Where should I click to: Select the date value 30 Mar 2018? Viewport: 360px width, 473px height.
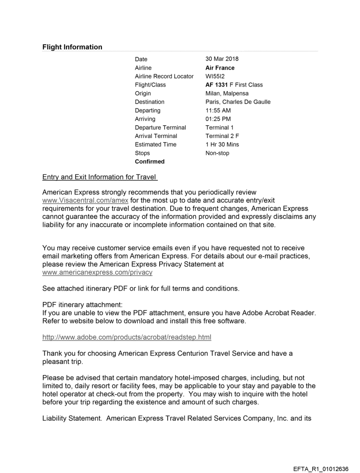(222, 59)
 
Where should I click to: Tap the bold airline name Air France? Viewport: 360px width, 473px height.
(220, 68)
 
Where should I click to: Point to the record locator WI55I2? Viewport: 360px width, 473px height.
(215, 76)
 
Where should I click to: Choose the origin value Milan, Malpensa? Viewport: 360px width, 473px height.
(227, 93)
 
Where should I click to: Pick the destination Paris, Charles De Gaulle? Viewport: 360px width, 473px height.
(238, 102)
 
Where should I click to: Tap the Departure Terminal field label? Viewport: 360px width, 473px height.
(161, 127)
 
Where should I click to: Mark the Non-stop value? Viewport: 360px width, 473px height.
(217, 153)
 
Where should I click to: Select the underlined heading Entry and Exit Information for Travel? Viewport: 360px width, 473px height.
(99, 178)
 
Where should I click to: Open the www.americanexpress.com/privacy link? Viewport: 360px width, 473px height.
(97, 272)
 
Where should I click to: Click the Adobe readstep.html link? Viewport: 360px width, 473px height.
(127, 338)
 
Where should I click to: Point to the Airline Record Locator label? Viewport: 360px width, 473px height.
(164, 76)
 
